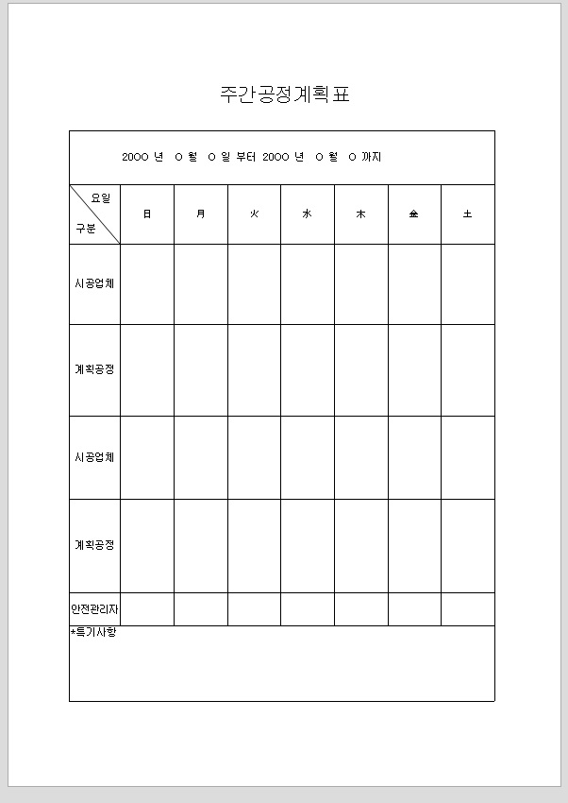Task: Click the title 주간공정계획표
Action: coord(284,94)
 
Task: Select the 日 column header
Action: coord(146,214)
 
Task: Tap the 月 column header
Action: coord(200,214)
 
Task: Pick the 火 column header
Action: coord(254,214)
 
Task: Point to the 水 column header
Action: coord(307,214)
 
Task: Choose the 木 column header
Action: coord(360,214)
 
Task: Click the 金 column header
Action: coord(413,214)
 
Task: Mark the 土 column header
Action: coord(467,214)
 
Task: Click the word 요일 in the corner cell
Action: coord(100,198)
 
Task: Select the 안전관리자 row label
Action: coord(94,609)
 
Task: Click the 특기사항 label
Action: coord(94,632)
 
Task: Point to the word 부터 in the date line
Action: coord(246,157)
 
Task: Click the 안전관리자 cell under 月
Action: coord(200,609)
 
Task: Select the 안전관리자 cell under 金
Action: coord(413,609)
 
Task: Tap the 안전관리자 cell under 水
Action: coord(307,609)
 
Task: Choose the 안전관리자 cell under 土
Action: coord(467,609)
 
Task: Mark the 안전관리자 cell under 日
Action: coord(146,609)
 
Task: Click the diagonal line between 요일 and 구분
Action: coord(94,214)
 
